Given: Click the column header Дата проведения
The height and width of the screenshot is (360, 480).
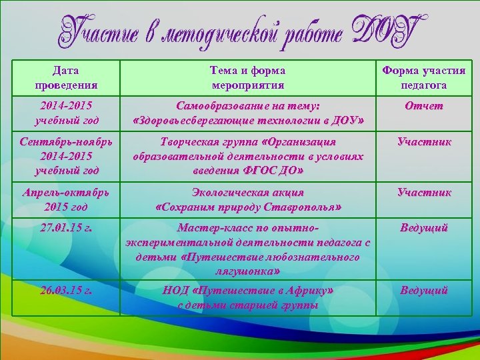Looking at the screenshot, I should [65, 77].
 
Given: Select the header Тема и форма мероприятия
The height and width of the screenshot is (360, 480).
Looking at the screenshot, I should [247, 77].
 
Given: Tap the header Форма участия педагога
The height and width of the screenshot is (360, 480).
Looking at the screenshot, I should [423, 77].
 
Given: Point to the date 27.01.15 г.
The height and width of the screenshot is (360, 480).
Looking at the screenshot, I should [65, 228].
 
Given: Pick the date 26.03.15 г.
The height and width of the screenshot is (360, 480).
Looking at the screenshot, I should [65, 291].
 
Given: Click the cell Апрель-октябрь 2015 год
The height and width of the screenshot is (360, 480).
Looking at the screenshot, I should [65, 199].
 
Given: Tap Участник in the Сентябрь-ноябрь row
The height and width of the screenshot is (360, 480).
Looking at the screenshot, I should [424, 142].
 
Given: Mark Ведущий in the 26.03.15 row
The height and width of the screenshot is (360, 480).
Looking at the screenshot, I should [424, 291].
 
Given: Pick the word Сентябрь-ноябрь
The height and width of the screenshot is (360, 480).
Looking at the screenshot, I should [65, 142].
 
